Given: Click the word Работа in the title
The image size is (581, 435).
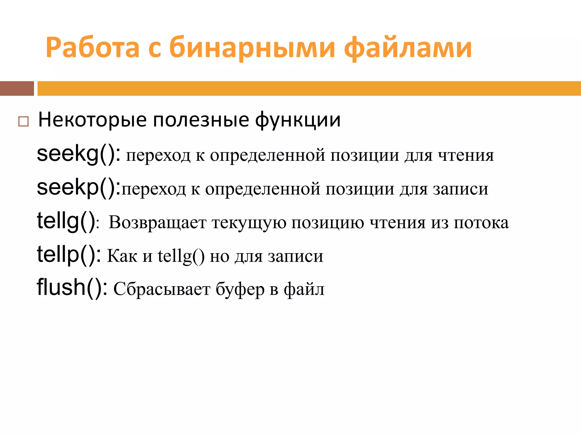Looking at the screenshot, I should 92,48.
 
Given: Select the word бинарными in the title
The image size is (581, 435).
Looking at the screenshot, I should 252,48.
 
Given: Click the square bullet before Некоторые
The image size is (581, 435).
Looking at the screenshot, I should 23,121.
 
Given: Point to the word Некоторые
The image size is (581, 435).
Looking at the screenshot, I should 92,120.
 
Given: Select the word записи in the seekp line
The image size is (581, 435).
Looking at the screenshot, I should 460,189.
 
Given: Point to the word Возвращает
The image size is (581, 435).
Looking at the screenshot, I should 157,223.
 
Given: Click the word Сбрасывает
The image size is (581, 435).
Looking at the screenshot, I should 162,289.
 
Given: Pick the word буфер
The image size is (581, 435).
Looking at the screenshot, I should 240,289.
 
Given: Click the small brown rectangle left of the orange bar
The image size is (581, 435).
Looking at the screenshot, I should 17,88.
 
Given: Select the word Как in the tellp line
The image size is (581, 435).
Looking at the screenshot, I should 122,256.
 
